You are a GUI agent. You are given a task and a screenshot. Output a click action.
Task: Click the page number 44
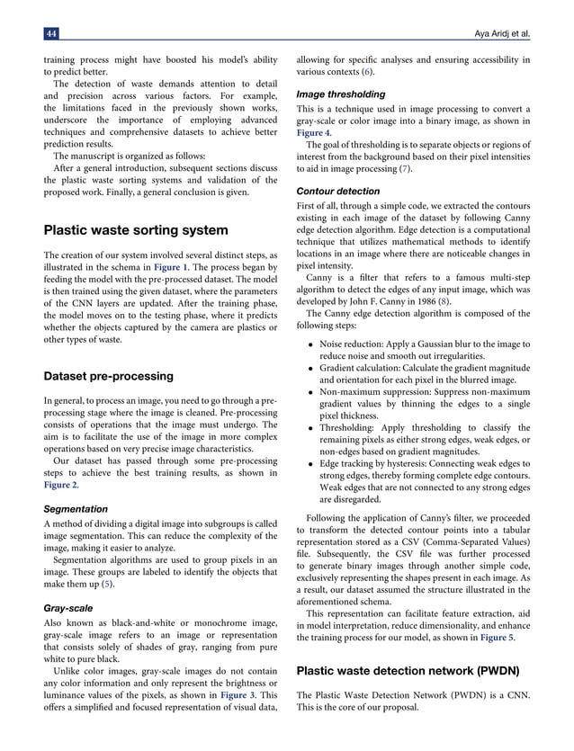(50, 33)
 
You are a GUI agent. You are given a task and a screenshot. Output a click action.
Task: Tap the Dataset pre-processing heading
(109, 375)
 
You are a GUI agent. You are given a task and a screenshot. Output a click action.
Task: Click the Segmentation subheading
(77, 508)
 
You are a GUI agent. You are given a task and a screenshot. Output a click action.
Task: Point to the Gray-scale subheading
(67, 608)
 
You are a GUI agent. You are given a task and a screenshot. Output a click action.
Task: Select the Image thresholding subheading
(341, 94)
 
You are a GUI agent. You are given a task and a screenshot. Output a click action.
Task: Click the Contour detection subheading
(338, 192)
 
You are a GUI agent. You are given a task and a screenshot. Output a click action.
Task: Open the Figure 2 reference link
(64, 485)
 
